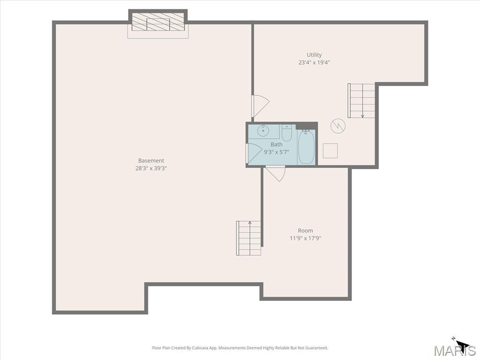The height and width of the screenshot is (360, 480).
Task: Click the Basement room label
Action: tap(151, 160)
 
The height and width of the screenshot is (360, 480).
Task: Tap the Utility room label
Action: tap(314, 54)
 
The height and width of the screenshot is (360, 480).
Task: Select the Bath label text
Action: tap(277, 144)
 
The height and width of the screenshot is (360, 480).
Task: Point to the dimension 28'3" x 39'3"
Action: tap(151, 168)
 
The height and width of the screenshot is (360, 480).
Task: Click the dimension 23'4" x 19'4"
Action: tap(314, 62)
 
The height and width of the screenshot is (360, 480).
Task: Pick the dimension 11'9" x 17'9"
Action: tap(305, 238)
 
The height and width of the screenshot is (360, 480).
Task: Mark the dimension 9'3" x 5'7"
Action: tap(277, 152)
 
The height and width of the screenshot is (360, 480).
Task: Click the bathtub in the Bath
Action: tap(306, 147)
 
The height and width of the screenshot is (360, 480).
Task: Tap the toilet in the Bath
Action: tap(287, 132)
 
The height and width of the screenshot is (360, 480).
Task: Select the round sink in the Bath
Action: tap(263, 131)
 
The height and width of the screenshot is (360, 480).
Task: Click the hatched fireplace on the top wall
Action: tap(158, 22)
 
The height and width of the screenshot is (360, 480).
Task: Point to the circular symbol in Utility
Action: tap(338, 126)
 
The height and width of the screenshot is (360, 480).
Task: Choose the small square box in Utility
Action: tap(330, 150)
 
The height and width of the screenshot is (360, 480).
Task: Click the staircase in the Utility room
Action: tap(361, 101)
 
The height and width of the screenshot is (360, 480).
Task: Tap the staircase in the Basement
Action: tap(248, 238)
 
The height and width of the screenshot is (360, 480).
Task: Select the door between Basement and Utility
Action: tap(260, 106)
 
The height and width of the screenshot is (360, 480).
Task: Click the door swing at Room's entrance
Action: tap(276, 173)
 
